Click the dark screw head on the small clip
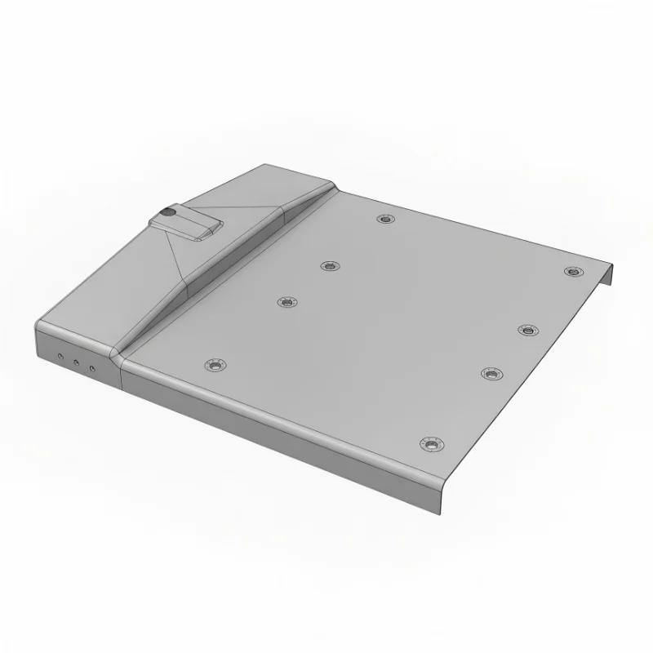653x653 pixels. coord(168,212)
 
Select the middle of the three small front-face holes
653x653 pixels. coord(77,363)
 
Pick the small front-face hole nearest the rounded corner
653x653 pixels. coord(60,358)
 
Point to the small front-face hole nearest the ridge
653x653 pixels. coord(93,369)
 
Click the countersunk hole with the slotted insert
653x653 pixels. coord(528,330)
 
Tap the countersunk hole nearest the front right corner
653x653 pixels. coord(432,444)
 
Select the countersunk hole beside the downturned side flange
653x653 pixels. coord(574,271)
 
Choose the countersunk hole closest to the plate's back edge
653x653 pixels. coord(385,219)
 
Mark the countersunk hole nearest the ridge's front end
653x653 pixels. coord(215,365)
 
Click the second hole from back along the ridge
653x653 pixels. coord(330,265)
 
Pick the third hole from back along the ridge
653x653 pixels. coord(286,303)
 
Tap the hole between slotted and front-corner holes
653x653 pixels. coord(491,373)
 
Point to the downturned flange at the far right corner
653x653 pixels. coord(608,274)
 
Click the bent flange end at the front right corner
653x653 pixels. coord(441,494)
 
